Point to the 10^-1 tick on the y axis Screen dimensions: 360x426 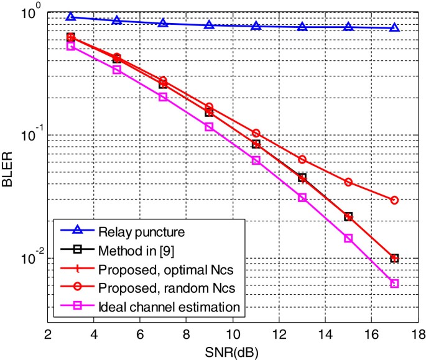[30, 135]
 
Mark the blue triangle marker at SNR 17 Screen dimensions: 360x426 [394, 27]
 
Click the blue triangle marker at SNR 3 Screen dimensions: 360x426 [71, 17]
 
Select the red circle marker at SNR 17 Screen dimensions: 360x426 [394, 200]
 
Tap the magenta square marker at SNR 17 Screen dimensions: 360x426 [394, 284]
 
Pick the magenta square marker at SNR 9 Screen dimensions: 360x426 [210, 126]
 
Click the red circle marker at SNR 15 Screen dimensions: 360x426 [348, 182]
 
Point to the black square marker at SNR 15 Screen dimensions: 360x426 [348, 216]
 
